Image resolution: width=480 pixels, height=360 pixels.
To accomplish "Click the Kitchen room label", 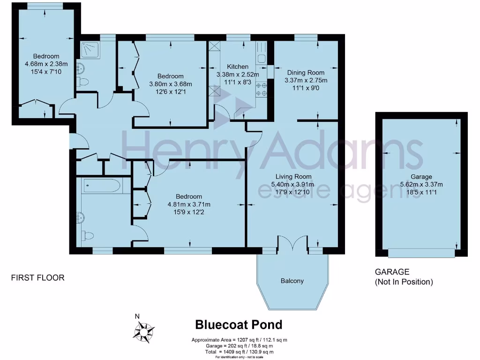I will click(238, 67).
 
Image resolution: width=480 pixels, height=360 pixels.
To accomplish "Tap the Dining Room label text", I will click(306, 73).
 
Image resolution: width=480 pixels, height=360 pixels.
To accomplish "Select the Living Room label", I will click(292, 177).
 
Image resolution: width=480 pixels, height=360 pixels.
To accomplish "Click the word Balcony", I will click(292, 281).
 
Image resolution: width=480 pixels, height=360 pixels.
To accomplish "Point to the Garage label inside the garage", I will click(422, 177).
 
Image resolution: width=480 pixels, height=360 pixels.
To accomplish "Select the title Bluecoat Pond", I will click(239, 324).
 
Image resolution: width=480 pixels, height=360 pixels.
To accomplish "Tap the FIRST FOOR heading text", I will click(37, 277).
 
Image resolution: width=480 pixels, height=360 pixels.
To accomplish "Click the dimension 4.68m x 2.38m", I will click(46, 64).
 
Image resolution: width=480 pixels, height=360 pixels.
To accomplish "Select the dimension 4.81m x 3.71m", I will click(188, 204).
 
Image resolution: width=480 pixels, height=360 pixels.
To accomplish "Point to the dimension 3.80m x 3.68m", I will click(170, 84).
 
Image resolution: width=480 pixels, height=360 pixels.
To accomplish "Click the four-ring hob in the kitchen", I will click(261, 89).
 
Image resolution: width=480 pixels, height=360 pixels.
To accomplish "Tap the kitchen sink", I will click(261, 60).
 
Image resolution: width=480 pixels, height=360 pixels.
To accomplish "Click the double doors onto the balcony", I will click(292, 244).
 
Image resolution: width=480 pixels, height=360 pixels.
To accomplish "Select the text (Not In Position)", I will click(404, 282).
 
